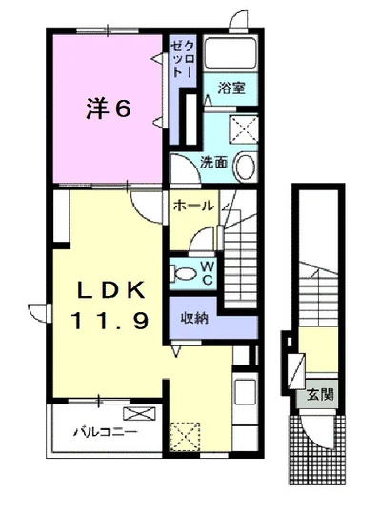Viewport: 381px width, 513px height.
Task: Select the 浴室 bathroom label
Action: point(231,89)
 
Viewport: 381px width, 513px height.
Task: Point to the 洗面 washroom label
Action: point(213,162)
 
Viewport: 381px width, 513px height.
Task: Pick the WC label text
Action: point(208,273)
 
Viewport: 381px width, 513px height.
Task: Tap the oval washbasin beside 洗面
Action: point(243,166)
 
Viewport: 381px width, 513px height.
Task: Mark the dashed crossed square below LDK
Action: point(183,437)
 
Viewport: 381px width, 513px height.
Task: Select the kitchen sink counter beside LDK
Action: point(242,400)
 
